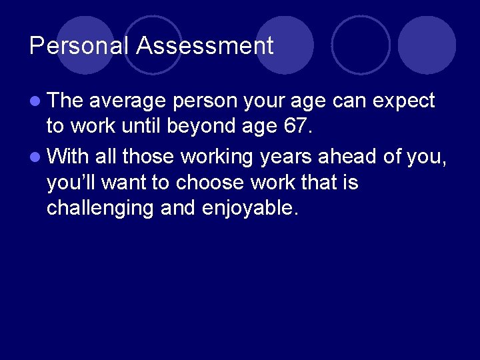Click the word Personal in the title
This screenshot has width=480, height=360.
pos(79,46)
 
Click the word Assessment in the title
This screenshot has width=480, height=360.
pos(205,46)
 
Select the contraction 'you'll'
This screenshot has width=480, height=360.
pos(70,182)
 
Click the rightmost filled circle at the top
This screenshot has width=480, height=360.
pos(427,45)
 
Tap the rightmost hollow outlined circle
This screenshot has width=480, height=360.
pos(361,45)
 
